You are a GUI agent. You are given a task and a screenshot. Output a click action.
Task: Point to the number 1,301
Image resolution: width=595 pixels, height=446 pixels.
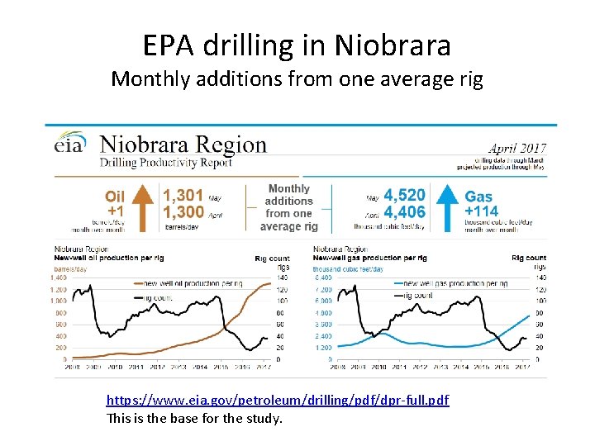click(183, 196)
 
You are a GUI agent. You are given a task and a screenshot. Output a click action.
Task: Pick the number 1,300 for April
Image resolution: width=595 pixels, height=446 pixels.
click(183, 213)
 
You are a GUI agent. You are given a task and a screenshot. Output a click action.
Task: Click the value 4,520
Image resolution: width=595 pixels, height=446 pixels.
click(404, 196)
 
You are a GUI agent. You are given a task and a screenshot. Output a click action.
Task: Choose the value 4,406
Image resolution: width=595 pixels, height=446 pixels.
click(404, 213)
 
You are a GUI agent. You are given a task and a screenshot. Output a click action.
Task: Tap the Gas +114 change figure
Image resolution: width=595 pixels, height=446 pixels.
click(481, 211)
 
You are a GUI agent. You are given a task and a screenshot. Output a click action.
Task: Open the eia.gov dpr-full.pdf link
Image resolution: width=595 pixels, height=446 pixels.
click(278, 401)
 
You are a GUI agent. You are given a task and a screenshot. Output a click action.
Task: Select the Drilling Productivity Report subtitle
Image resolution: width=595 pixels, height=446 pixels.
click(177, 163)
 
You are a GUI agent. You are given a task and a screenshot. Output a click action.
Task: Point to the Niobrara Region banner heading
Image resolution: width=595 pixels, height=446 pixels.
click(183, 145)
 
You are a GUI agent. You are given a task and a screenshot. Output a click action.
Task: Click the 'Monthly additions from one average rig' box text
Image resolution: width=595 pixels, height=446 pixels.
click(288, 207)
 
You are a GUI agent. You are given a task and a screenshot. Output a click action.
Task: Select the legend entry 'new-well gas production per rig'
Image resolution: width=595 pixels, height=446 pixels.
click(455, 284)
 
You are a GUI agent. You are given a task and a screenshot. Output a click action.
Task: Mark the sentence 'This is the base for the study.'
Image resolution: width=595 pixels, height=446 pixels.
click(194, 418)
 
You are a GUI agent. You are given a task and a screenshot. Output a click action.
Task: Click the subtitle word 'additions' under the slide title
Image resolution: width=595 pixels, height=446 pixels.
click(253, 79)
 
